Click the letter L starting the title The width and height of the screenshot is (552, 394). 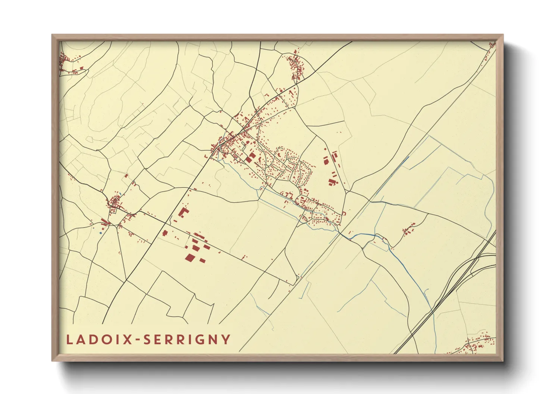69,340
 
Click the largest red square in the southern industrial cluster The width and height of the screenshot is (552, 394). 190,258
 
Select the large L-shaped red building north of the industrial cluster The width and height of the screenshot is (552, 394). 183,213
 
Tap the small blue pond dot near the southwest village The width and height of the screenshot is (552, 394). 100,233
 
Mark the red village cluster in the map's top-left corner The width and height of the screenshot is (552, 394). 67,61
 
